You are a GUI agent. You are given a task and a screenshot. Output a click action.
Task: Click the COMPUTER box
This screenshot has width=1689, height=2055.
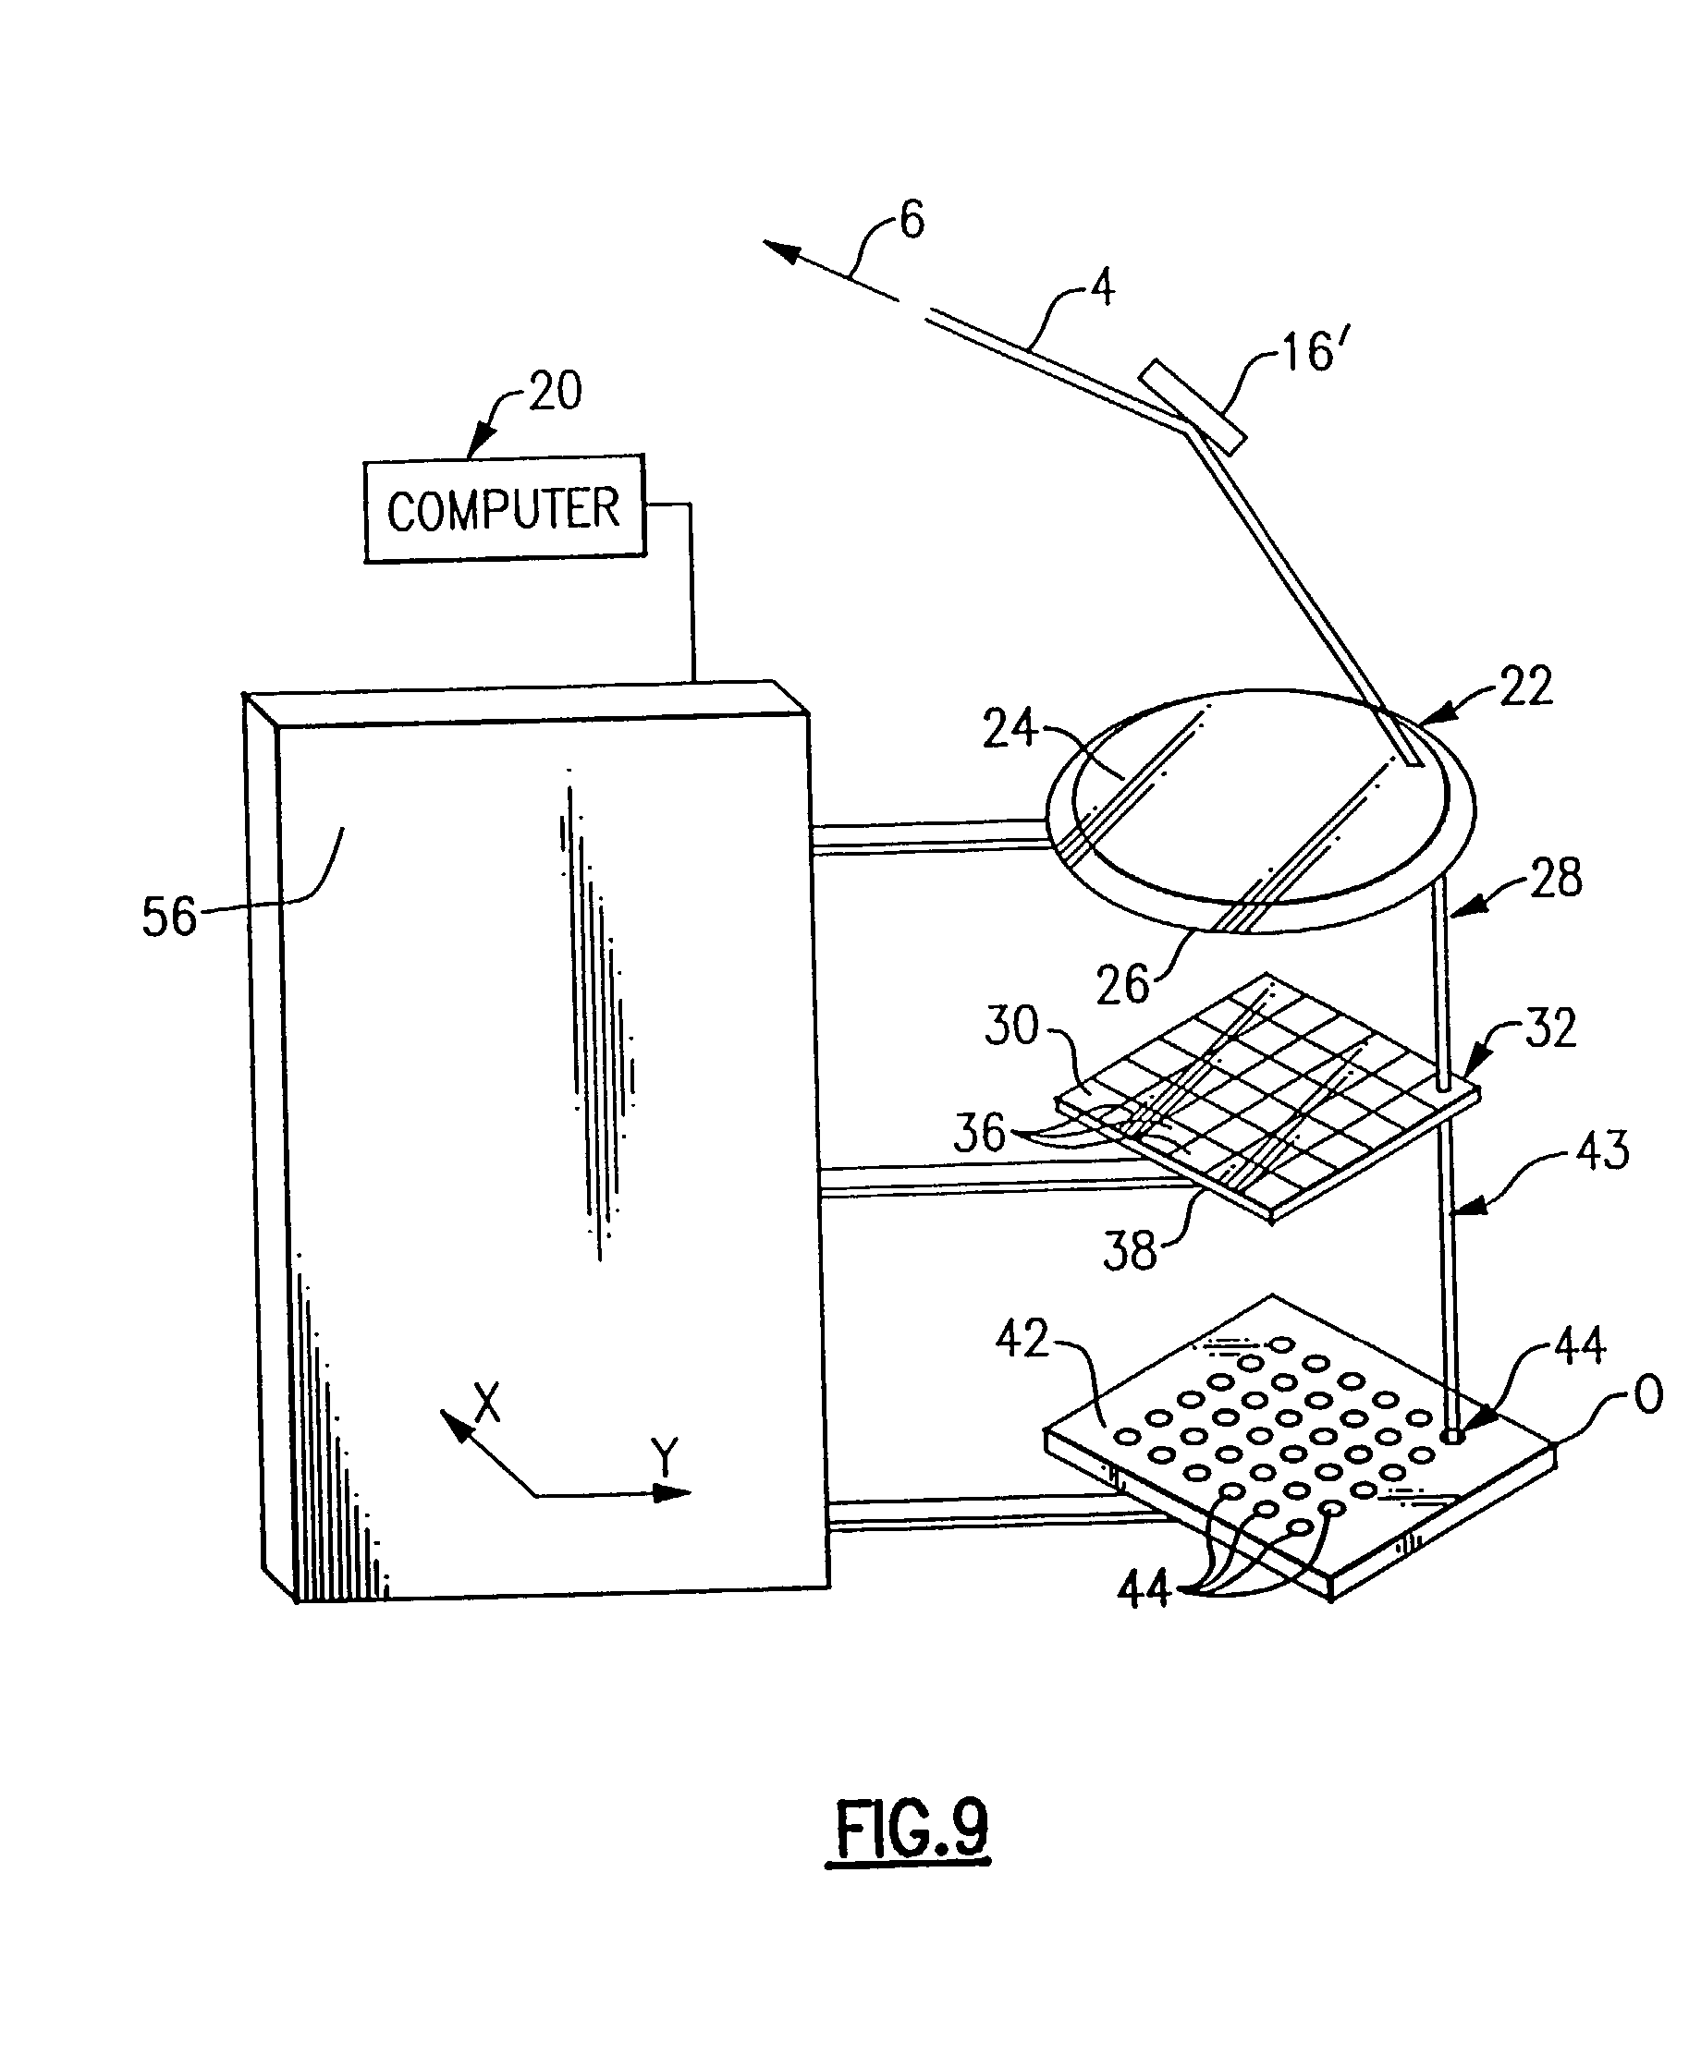point(504,508)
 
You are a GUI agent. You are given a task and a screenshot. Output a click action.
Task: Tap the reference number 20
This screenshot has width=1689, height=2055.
point(556,392)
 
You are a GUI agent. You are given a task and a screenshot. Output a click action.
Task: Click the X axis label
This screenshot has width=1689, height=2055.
point(486,1404)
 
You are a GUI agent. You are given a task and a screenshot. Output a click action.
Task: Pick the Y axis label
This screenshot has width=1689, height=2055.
point(665,1458)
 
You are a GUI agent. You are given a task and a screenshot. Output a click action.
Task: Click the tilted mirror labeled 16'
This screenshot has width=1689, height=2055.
point(1193,407)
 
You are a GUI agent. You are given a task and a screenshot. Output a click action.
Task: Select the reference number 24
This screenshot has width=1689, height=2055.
point(1009,728)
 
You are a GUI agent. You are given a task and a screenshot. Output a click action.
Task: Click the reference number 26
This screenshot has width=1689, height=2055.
point(1122,986)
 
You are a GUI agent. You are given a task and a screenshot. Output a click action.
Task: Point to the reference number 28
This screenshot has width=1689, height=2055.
point(1556,878)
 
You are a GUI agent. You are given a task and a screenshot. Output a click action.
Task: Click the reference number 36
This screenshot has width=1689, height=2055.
point(979,1133)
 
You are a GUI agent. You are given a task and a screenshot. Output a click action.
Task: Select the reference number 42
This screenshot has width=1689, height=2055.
point(1022,1339)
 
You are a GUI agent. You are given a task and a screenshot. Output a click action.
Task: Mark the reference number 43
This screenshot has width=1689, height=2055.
point(1602,1150)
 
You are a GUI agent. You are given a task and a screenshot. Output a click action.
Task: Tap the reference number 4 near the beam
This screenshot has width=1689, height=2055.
point(1101,289)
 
